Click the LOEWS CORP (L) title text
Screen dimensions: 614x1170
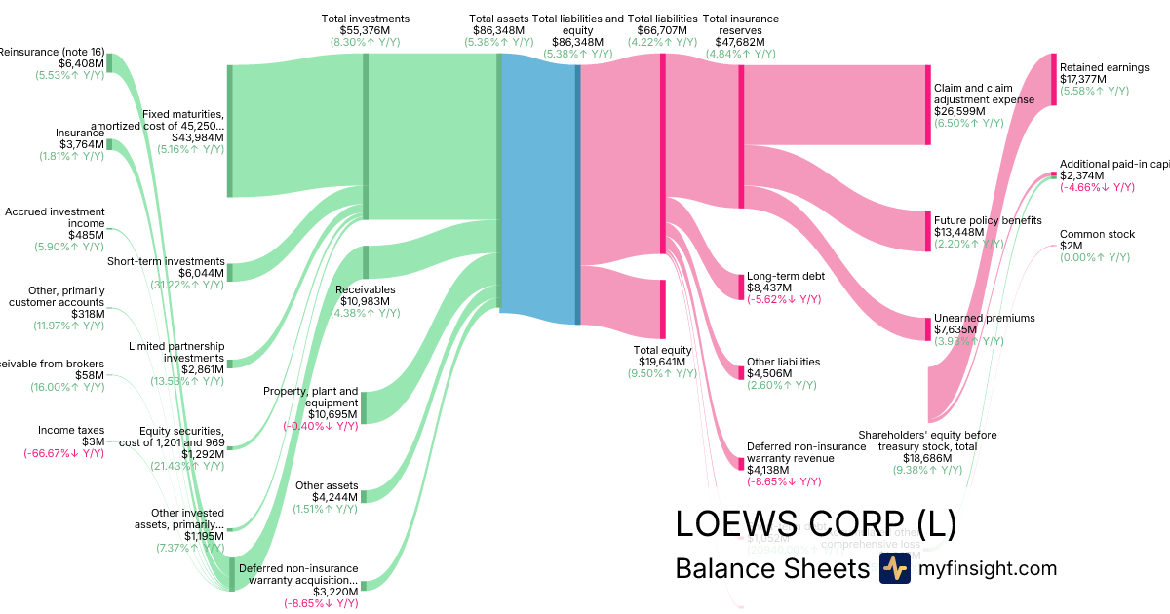click(x=815, y=524)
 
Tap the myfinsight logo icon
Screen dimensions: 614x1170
click(x=894, y=568)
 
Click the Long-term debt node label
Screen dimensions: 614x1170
click(x=786, y=276)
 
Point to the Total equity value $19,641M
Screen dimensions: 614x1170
click(x=662, y=363)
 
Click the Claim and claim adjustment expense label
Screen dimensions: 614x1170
click(x=984, y=94)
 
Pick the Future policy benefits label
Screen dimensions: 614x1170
click(x=988, y=220)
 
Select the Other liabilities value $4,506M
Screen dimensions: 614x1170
click(x=769, y=374)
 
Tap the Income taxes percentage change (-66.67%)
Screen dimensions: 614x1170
click(x=63, y=453)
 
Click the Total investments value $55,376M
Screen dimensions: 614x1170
click(x=366, y=31)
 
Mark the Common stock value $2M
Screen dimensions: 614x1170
click(x=1071, y=246)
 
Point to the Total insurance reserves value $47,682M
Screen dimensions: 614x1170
click(x=740, y=43)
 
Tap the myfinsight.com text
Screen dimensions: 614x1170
click(x=988, y=568)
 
